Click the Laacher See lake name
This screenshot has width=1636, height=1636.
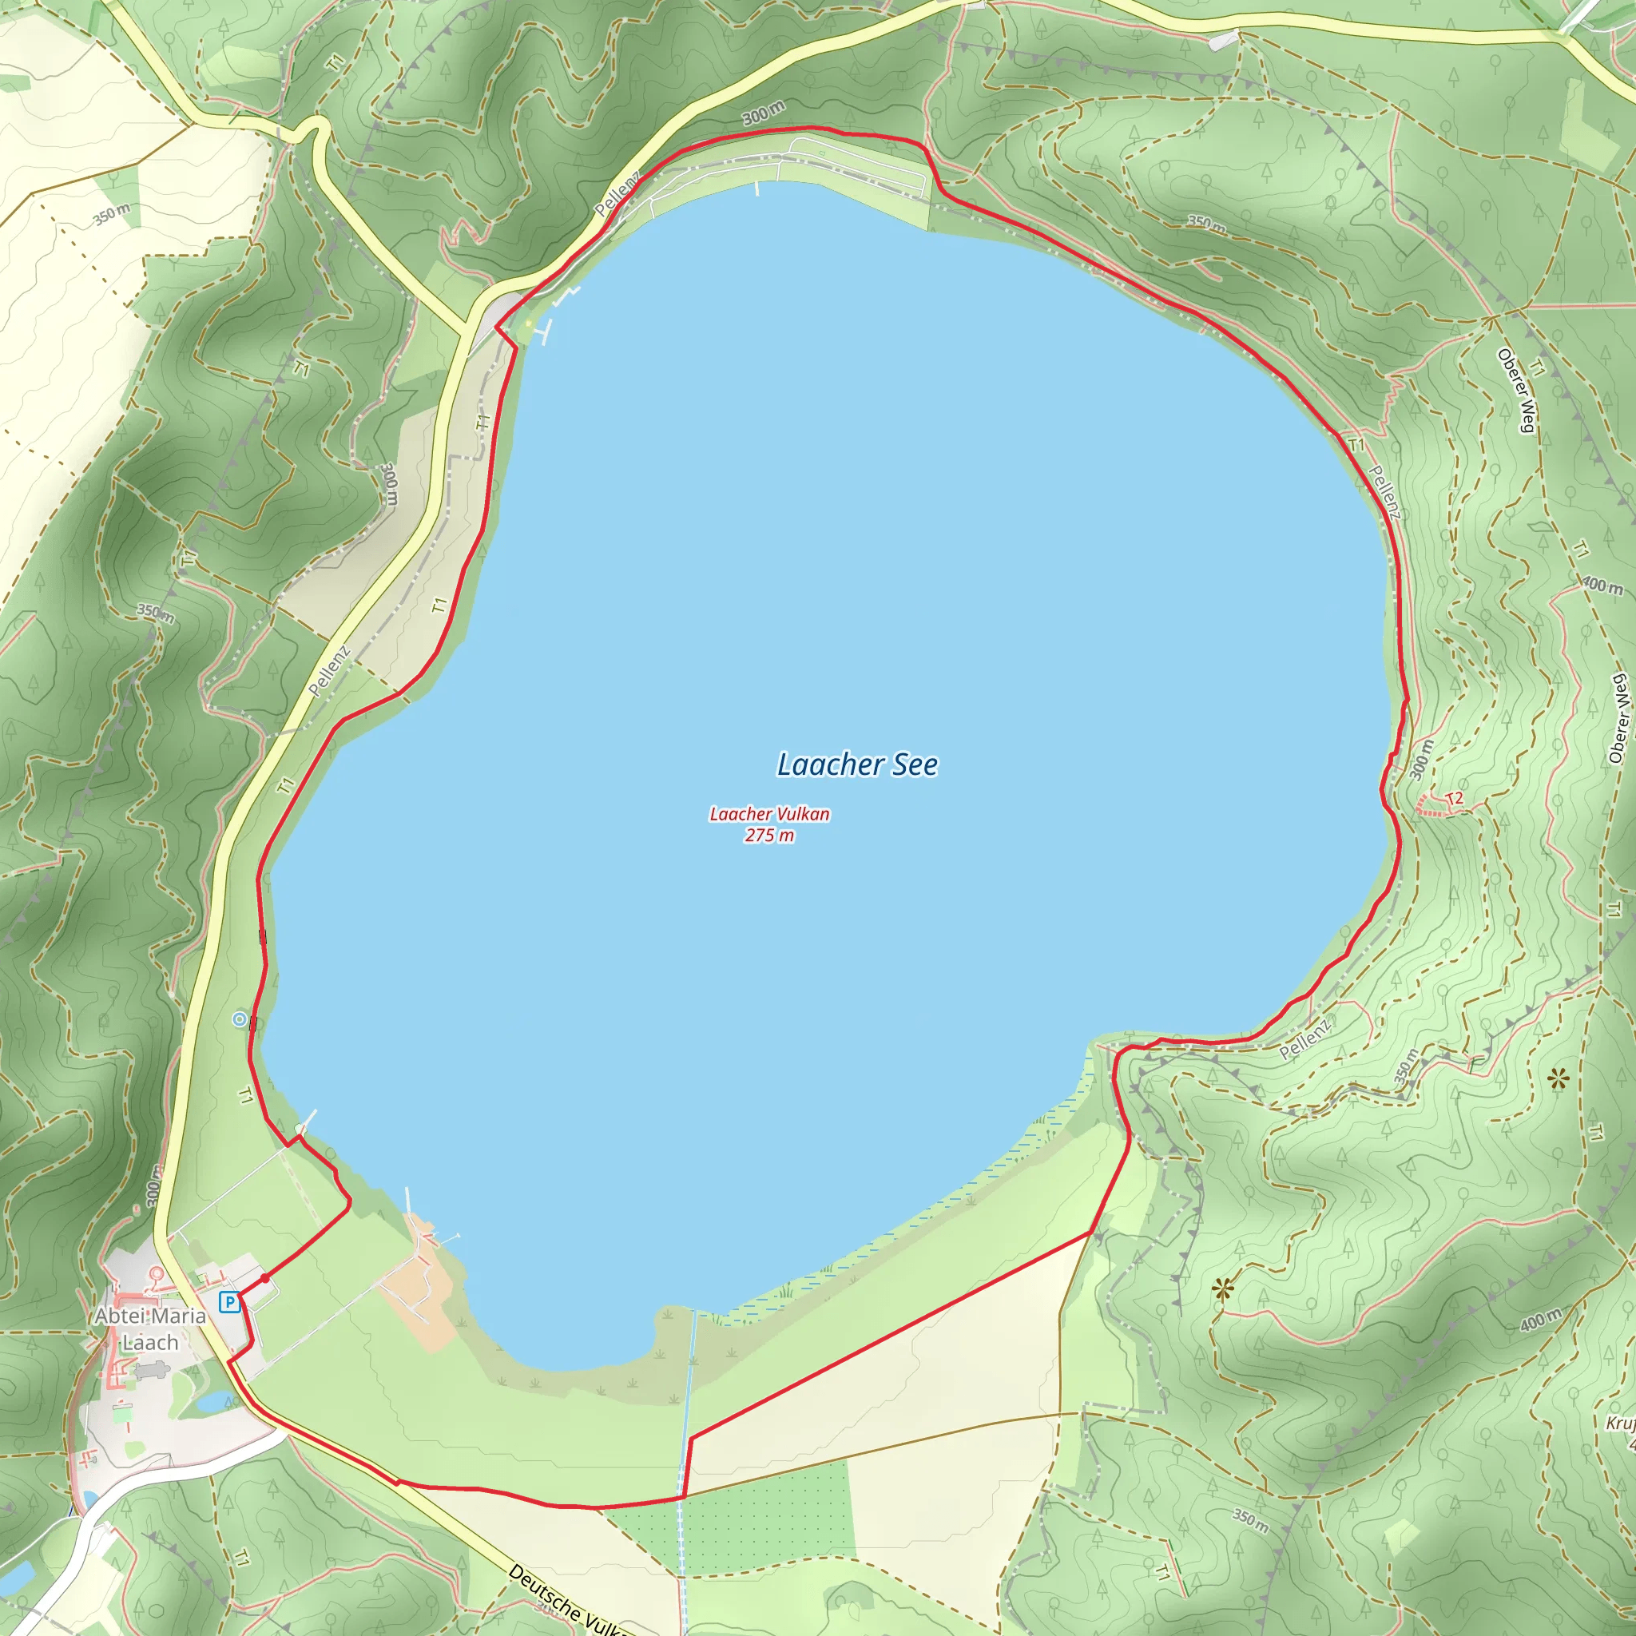pos(857,764)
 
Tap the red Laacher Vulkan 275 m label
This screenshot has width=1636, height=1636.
pos(769,824)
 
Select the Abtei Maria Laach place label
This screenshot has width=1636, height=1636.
pos(150,1328)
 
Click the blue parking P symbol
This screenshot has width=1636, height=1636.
pos(228,1302)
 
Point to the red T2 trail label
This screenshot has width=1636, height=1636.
pos(1454,800)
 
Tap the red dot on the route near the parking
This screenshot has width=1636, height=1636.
pos(265,1278)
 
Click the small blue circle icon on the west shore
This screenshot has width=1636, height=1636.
pos(240,1019)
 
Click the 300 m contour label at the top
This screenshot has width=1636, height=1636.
pos(763,113)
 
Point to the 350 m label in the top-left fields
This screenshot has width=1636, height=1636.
pos(112,214)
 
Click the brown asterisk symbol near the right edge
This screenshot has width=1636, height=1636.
pos(1558,1078)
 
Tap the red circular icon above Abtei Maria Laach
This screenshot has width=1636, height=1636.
pos(156,1273)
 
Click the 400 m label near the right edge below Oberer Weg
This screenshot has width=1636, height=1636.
pos(1602,584)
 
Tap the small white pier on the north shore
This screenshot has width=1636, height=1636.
pos(757,188)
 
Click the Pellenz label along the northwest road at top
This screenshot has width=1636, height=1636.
pos(617,194)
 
